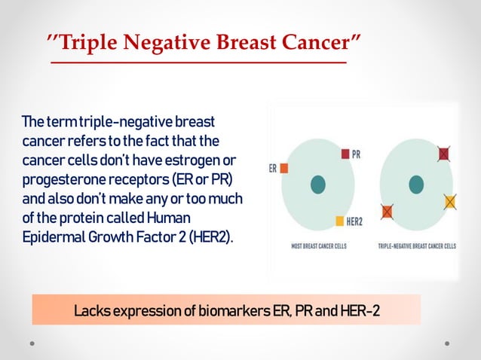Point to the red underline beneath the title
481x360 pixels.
[x=198, y=63]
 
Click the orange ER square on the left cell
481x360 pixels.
[x=284, y=169]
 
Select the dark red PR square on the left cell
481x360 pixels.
[x=345, y=154]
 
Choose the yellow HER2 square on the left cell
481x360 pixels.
[x=339, y=221]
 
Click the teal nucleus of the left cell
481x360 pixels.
[x=318, y=183]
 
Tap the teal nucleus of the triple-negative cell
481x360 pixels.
[x=415, y=183]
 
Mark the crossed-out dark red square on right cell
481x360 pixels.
[x=443, y=154]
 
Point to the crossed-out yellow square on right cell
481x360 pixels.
[x=450, y=201]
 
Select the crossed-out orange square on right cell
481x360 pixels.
[x=388, y=212]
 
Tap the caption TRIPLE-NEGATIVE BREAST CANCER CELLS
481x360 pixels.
[x=416, y=246]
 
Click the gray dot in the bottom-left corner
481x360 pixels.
[x=32, y=342]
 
